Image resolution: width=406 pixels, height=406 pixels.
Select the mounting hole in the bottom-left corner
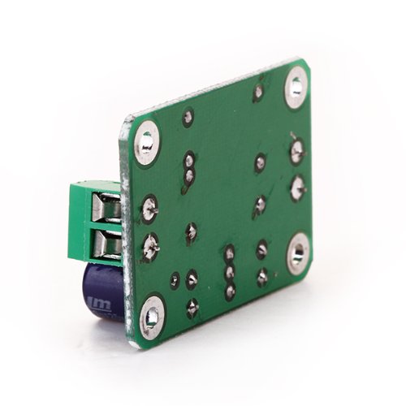point(152,317)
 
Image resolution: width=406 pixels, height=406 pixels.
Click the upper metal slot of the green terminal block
point(109,209)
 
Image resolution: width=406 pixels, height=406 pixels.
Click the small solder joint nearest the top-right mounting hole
point(258,93)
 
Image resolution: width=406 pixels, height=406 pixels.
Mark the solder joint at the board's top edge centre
point(188,117)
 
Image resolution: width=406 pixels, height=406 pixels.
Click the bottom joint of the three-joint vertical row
point(230,289)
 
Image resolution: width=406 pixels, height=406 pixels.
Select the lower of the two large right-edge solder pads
point(297,185)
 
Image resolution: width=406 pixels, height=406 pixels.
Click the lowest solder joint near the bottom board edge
point(192,307)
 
